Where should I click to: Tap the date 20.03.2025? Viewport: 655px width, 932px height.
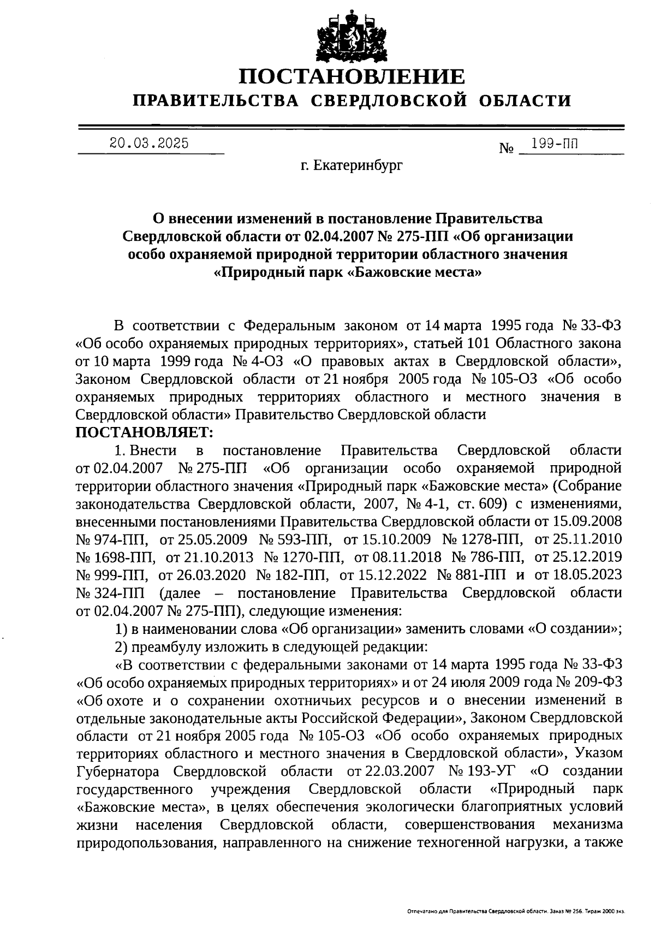tap(149, 144)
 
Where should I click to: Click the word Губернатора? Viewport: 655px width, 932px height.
tap(118, 771)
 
